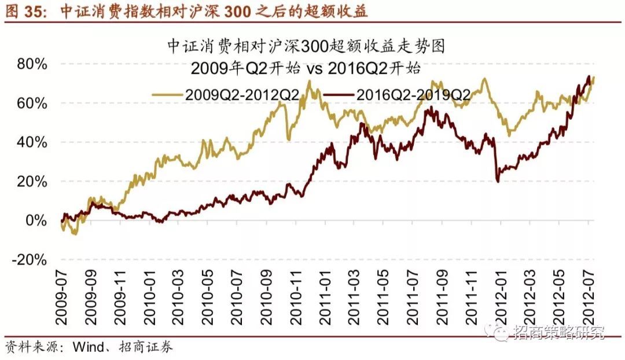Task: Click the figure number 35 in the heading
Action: coord(36,12)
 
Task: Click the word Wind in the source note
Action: coord(87,347)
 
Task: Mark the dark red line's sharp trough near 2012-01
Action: coord(498,181)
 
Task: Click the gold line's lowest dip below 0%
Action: coord(74,234)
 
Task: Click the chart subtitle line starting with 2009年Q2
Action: coord(305,68)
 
